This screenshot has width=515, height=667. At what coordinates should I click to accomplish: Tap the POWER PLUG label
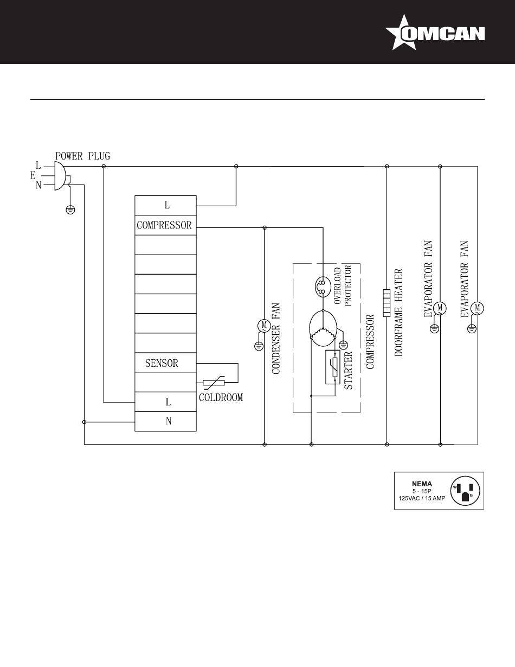(x=82, y=156)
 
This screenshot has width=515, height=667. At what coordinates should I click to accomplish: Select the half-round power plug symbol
(x=62, y=175)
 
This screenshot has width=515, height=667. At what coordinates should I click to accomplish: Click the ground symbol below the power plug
(x=70, y=209)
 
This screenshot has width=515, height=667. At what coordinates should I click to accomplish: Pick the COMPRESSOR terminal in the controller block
(x=165, y=225)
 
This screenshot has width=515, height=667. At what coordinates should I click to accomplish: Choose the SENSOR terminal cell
(x=162, y=363)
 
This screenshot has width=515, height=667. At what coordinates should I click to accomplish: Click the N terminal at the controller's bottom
(x=168, y=421)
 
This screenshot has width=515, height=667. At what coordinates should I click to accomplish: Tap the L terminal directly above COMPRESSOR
(x=166, y=205)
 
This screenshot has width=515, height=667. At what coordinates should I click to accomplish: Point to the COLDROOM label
(x=221, y=397)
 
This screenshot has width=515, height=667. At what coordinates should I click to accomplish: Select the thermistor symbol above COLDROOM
(x=214, y=383)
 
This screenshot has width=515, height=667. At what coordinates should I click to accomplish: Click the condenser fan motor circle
(x=264, y=325)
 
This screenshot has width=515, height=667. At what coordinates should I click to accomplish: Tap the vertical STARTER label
(x=349, y=370)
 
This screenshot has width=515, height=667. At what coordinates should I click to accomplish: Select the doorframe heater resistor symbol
(x=387, y=302)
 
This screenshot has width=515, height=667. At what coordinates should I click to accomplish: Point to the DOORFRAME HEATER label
(x=399, y=312)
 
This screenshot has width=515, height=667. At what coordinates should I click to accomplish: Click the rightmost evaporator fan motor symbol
(x=478, y=308)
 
